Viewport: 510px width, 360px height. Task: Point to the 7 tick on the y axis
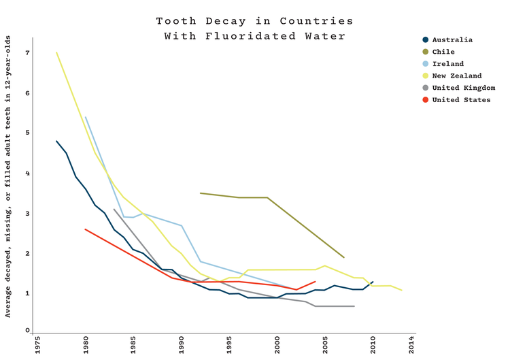coord(28,52)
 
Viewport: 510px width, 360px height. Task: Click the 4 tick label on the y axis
coord(28,174)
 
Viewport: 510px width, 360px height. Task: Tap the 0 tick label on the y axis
coord(28,330)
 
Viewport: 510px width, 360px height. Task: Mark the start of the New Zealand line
coord(56,52)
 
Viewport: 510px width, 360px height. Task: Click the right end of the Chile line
coord(344,258)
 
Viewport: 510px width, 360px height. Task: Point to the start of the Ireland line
coord(85,117)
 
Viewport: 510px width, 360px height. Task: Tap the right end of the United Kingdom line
coord(354,306)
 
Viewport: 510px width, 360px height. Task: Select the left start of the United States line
coord(85,229)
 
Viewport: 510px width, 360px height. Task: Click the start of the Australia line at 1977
coord(56,141)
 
